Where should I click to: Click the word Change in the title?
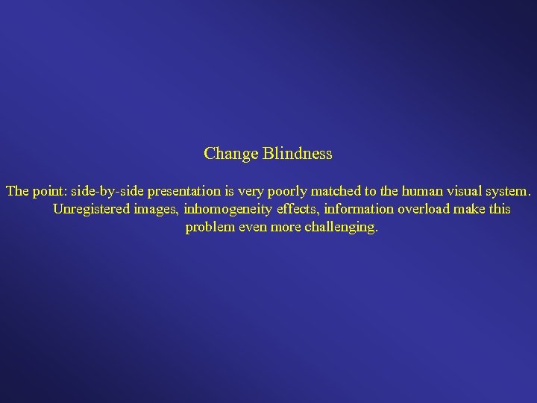230,154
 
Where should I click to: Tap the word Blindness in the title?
297,154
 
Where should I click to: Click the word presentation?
180,191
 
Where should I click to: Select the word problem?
208,227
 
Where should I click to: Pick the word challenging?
342,227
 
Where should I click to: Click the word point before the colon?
48,191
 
